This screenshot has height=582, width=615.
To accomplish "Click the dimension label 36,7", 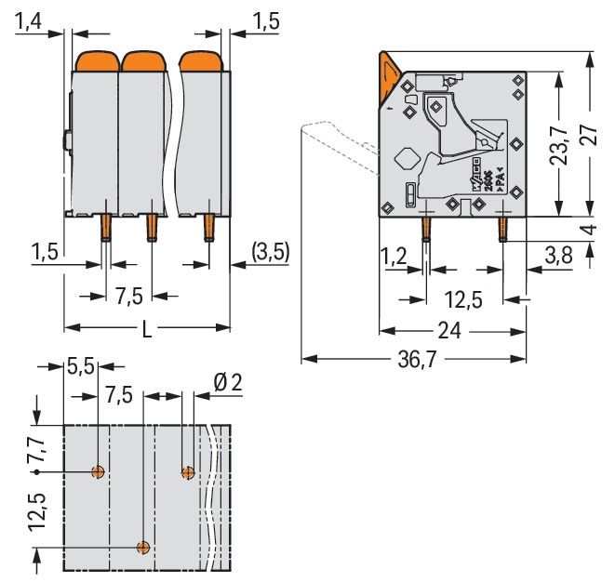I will (422, 360).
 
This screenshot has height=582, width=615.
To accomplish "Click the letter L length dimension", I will (147, 328).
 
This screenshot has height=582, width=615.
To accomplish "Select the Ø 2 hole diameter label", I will (227, 382).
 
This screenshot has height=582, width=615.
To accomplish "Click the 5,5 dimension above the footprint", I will (81, 368).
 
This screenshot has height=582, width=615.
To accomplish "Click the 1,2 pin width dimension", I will (393, 254).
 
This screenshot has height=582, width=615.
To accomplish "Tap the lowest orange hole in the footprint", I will (142, 547).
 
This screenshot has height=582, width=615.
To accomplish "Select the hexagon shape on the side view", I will (406, 157).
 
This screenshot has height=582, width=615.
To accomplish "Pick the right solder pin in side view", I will (502, 228).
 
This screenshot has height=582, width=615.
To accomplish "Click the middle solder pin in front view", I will (151, 227).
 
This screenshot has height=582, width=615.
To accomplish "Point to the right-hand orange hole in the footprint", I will (188, 472).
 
